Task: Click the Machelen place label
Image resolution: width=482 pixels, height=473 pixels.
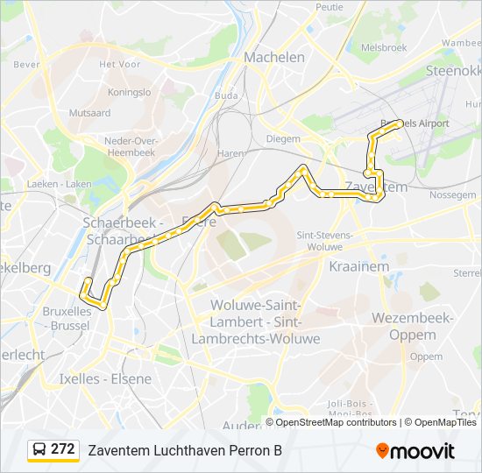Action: pyautogui.click(x=274, y=57)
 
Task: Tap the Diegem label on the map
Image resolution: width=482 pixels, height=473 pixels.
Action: pyautogui.click(x=282, y=138)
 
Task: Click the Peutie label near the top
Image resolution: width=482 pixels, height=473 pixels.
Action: pyautogui.click(x=330, y=7)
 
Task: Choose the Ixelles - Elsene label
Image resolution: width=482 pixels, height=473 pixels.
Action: pyautogui.click(x=105, y=379)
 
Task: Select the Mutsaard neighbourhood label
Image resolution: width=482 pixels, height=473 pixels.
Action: pyautogui.click(x=89, y=113)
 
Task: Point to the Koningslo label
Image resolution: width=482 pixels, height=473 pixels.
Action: pyautogui.click(x=129, y=91)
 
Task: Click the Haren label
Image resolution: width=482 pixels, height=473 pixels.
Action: pyautogui.click(x=230, y=153)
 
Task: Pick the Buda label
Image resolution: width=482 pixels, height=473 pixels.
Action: pyautogui.click(x=226, y=95)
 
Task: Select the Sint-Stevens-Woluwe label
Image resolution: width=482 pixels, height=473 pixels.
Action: pyautogui.click(x=325, y=241)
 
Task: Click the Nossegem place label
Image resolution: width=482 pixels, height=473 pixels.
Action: pyautogui.click(x=452, y=195)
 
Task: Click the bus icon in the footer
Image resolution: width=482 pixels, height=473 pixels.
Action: pyautogui.click(x=39, y=450)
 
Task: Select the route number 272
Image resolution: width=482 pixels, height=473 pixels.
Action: pyautogui.click(x=62, y=449)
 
